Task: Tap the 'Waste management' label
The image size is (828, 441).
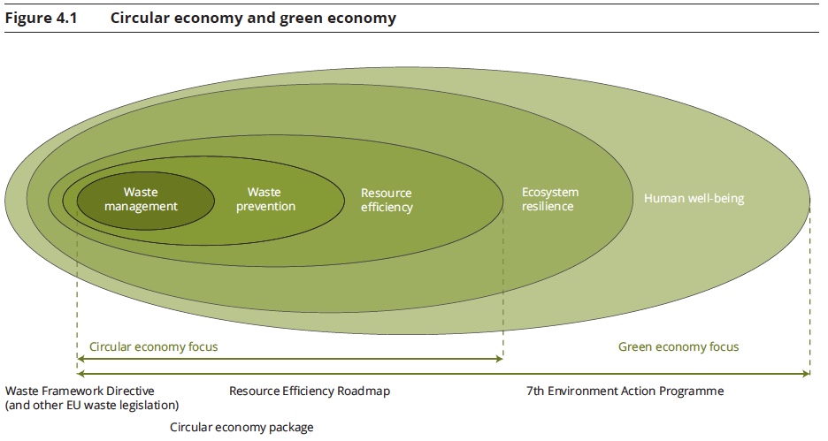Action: (141, 199)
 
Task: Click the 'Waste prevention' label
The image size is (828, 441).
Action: (265, 199)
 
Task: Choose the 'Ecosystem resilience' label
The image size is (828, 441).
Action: (549, 199)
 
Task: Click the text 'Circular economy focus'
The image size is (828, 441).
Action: (153, 346)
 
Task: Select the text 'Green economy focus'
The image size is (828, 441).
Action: (678, 346)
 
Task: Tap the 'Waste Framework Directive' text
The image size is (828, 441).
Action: (80, 391)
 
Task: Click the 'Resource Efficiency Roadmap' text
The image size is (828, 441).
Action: (310, 391)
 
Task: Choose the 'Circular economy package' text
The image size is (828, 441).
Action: (241, 427)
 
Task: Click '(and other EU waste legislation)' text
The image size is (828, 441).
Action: (92, 405)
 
